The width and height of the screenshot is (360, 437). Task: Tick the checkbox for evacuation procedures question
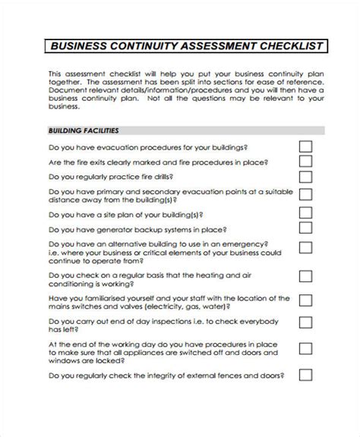[x=305, y=147]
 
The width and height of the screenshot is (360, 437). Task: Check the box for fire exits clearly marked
[x=305, y=162]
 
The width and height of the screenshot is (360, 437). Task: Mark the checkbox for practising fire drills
[x=305, y=177]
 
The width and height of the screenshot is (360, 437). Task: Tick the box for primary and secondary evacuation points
[x=305, y=196]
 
